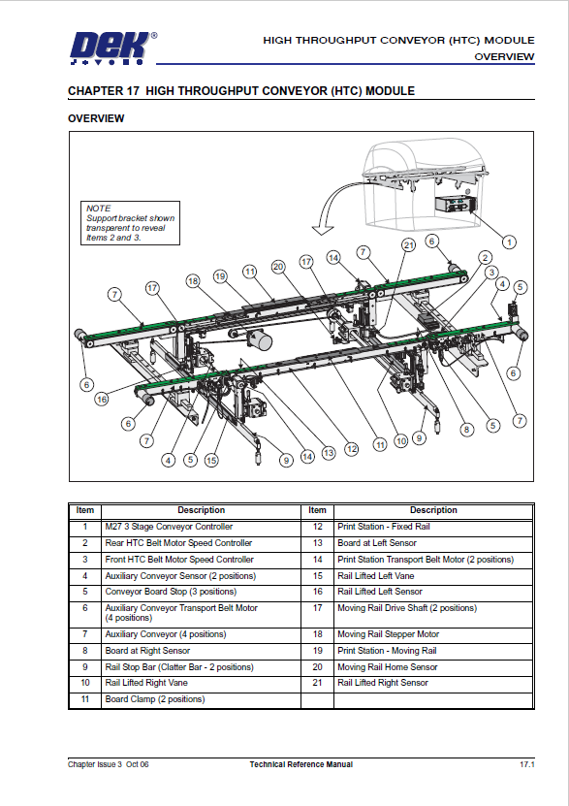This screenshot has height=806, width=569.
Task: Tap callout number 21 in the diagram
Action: point(408,244)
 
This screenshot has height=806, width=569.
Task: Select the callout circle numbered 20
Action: point(278,266)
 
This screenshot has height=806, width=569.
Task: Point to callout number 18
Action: point(192,280)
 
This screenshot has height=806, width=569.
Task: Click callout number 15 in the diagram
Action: point(211,461)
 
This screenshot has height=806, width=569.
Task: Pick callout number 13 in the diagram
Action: point(329,452)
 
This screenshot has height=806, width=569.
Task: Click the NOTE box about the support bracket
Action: point(120,223)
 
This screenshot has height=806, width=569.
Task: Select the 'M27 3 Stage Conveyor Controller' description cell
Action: point(156,527)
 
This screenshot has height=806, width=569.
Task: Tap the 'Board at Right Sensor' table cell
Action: point(147,651)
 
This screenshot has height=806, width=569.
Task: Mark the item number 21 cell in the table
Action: point(317,683)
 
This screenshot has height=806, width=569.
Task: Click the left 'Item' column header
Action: point(85,510)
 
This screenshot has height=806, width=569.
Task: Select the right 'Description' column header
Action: point(433,510)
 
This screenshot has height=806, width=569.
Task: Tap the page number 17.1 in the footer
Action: point(527,765)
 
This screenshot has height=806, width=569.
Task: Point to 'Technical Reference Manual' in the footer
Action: point(300,765)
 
